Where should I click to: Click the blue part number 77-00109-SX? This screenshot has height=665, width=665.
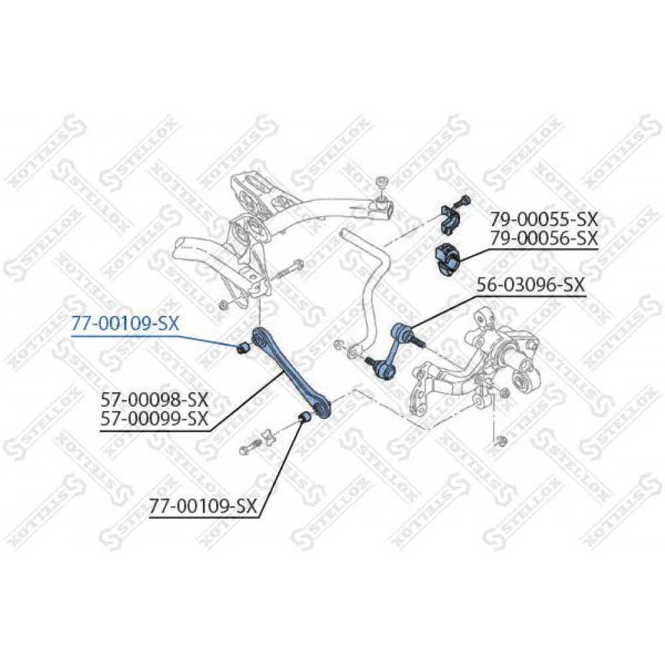126,325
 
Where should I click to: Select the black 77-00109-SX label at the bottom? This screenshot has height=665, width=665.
203,506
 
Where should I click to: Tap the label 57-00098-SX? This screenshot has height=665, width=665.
154,400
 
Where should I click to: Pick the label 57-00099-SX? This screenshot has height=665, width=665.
154,419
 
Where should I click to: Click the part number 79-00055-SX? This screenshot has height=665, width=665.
544,219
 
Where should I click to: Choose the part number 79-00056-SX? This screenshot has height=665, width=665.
544,238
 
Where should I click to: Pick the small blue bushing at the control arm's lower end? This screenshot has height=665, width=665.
305,418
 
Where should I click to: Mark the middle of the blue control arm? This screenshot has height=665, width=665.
292,372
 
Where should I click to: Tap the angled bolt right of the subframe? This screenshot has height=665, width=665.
289,271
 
